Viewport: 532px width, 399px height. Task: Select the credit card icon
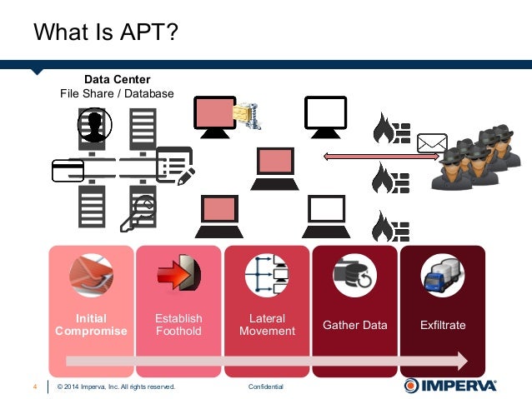click(67, 169)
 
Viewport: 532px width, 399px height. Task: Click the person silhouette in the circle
click(94, 125)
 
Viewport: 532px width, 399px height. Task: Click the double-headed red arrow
click(370, 156)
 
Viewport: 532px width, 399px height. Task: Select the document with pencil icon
click(175, 165)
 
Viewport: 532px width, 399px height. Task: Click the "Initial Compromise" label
click(91, 325)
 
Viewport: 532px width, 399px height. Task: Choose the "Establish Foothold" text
click(178, 325)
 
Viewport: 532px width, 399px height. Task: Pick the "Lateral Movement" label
click(267, 325)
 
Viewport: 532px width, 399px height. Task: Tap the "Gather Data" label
click(355, 325)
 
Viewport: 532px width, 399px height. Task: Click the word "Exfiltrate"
click(443, 325)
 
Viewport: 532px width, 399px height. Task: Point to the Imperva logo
click(450, 386)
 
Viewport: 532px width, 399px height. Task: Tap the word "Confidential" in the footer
click(266, 387)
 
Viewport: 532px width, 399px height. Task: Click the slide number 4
click(35, 387)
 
